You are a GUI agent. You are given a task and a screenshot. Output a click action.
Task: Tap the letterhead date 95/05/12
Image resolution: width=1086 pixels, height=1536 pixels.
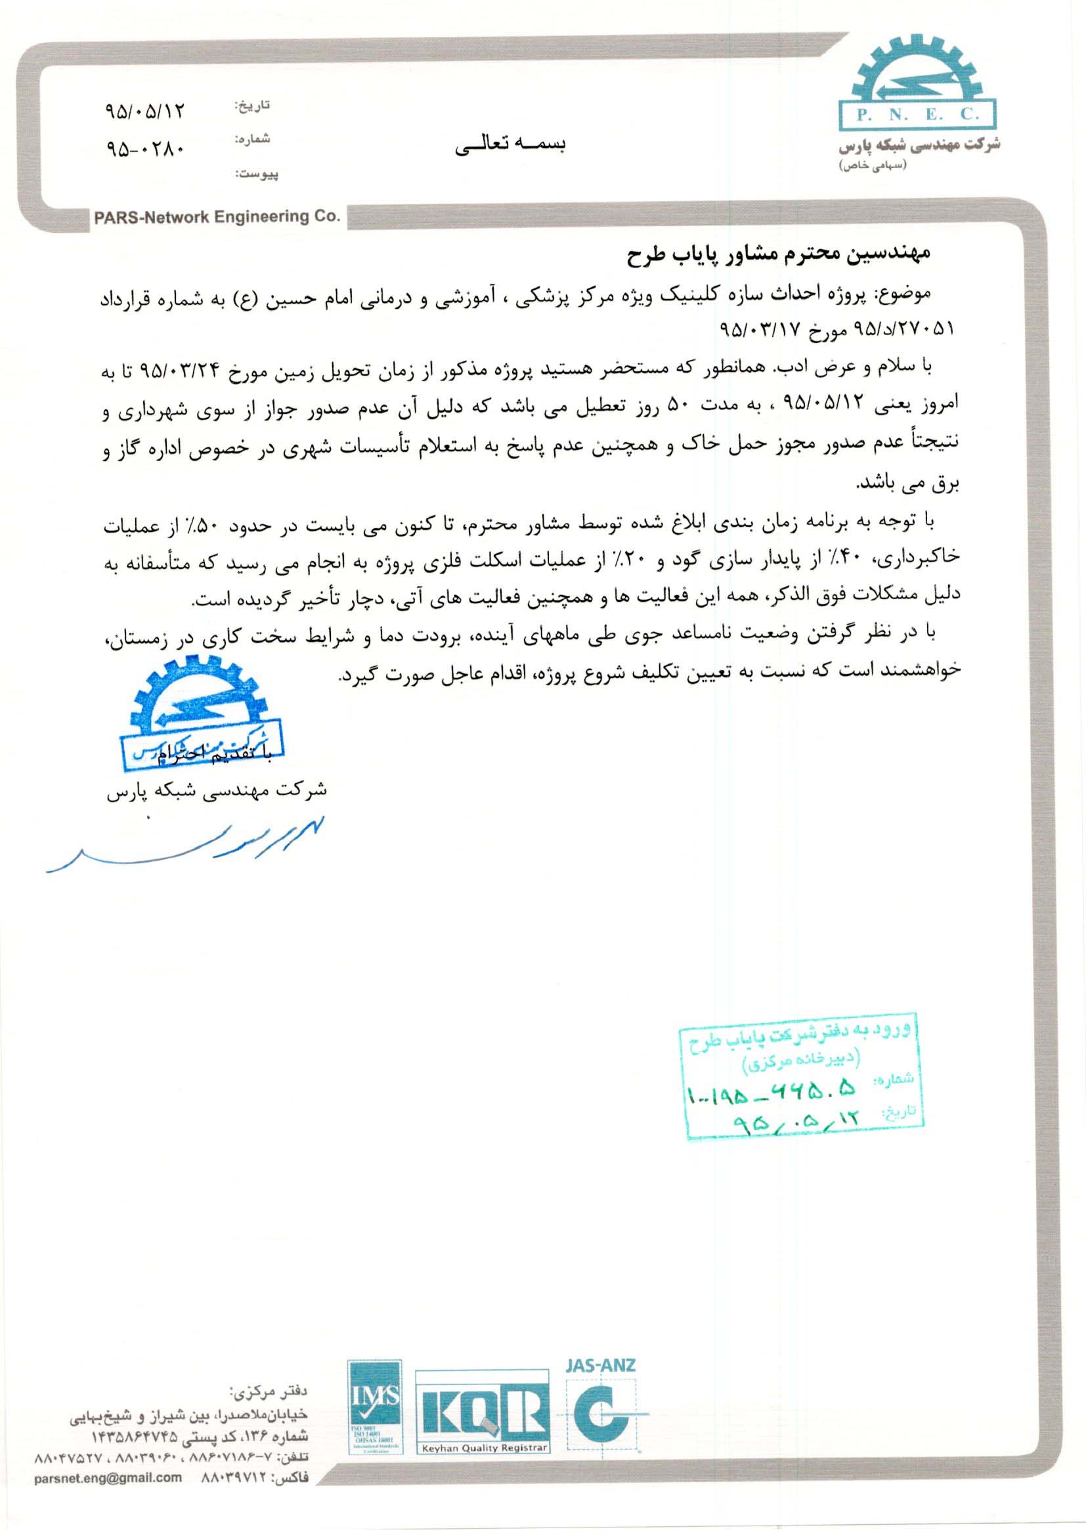click(x=144, y=112)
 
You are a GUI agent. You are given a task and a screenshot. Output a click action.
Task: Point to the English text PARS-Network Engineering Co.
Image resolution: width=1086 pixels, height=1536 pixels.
click(x=217, y=217)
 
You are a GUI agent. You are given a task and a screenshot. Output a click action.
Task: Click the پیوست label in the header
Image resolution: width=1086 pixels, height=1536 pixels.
click(x=257, y=175)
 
